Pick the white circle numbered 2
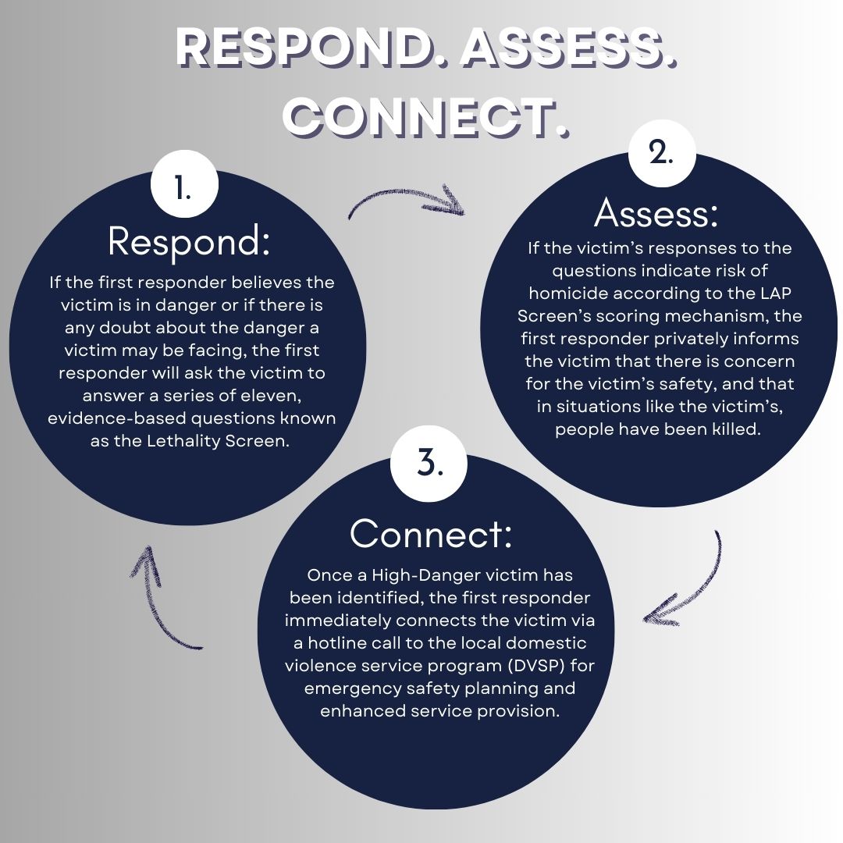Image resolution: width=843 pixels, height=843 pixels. coord(662,153)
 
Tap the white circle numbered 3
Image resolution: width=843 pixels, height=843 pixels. coord(429,464)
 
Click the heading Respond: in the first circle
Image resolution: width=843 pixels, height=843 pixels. coord(189,242)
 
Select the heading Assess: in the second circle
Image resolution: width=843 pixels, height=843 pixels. coord(656,212)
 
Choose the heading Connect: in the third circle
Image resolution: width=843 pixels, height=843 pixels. coord(431,534)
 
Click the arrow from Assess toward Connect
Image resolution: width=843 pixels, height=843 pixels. coord(687,582)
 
